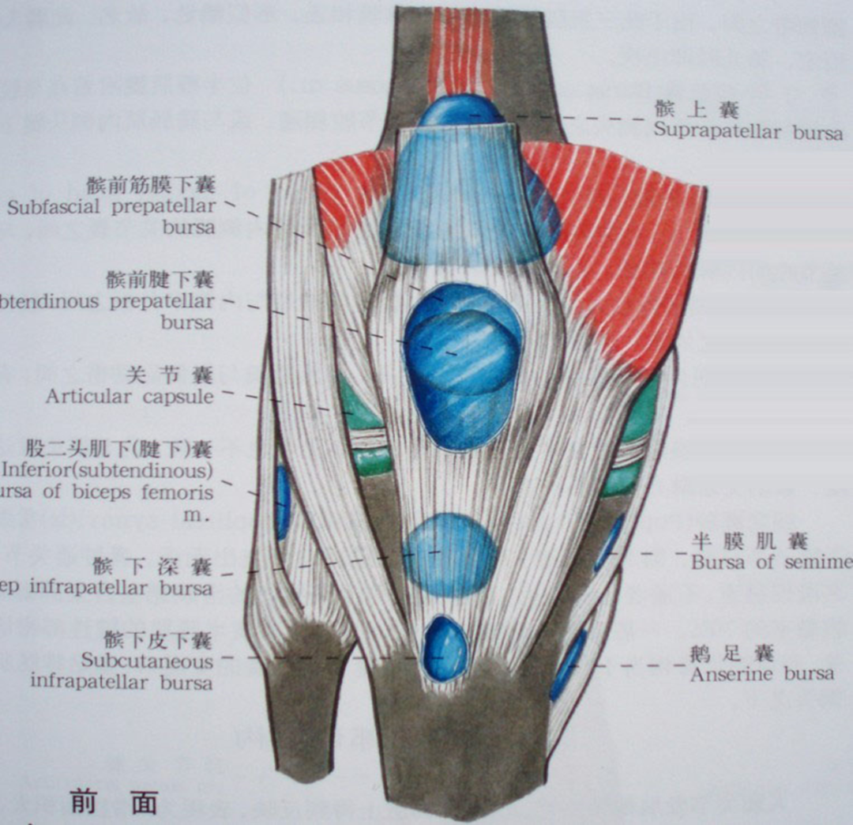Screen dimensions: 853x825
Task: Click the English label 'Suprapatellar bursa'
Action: click(747, 132)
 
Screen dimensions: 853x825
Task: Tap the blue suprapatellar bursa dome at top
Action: click(458, 111)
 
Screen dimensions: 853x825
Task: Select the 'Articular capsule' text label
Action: click(129, 396)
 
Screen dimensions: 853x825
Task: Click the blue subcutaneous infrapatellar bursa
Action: click(445, 649)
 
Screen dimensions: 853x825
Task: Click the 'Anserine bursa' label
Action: click(761, 674)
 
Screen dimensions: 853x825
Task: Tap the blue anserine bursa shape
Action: click(568, 664)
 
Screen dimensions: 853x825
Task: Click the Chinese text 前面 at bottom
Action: click(114, 801)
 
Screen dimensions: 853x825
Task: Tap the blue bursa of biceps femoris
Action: click(283, 502)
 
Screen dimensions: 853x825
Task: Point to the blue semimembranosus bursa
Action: click(610, 542)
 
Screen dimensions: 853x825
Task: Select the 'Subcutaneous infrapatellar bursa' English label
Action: click(122, 670)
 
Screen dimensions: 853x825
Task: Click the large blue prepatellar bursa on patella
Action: click(462, 364)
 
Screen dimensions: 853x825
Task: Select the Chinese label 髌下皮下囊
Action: click(157, 639)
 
